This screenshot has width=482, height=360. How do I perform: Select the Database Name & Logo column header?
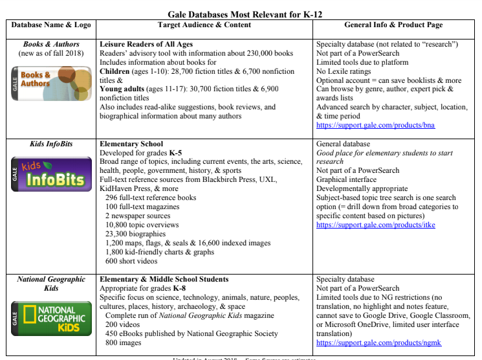pos(50,25)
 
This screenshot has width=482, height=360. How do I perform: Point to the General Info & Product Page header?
pos(394,25)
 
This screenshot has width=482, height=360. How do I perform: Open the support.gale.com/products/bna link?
pos(376,125)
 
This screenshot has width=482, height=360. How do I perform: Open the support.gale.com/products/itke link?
pos(375,225)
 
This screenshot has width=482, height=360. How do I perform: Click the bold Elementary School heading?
pos(131,144)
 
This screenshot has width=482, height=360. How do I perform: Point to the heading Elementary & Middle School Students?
pos(164,280)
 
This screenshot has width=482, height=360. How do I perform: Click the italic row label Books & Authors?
pos(50,44)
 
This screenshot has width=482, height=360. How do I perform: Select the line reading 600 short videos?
pos(131,261)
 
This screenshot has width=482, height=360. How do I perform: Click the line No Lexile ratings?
pos(347,71)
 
